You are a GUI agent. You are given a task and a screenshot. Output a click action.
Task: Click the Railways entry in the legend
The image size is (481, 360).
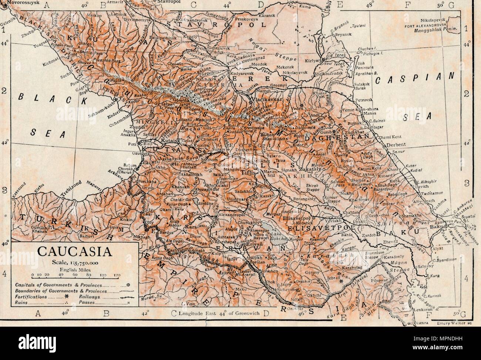pyautogui.click(x=90, y=297)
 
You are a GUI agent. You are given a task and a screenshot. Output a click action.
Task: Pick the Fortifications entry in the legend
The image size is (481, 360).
pyautogui.click(x=32, y=297)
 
